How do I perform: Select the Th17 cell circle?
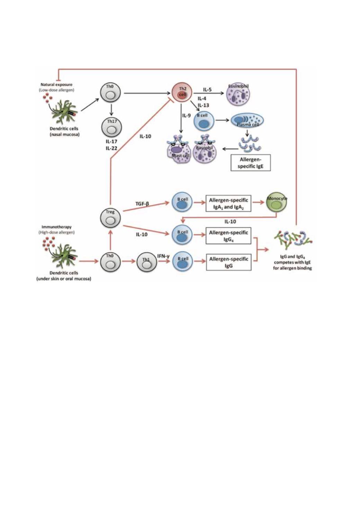click(x=111, y=127)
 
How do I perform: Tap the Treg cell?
click(x=110, y=217)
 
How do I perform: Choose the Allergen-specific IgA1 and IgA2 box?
click(x=228, y=203)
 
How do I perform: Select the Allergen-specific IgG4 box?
click(x=228, y=236)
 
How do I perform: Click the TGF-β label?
click(x=142, y=204)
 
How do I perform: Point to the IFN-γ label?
click(x=163, y=256)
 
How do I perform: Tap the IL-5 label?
click(x=207, y=90)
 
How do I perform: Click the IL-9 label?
click(x=187, y=116)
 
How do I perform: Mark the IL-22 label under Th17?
click(x=111, y=148)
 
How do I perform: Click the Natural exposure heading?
click(x=56, y=84)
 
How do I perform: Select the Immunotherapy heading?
click(x=56, y=227)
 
